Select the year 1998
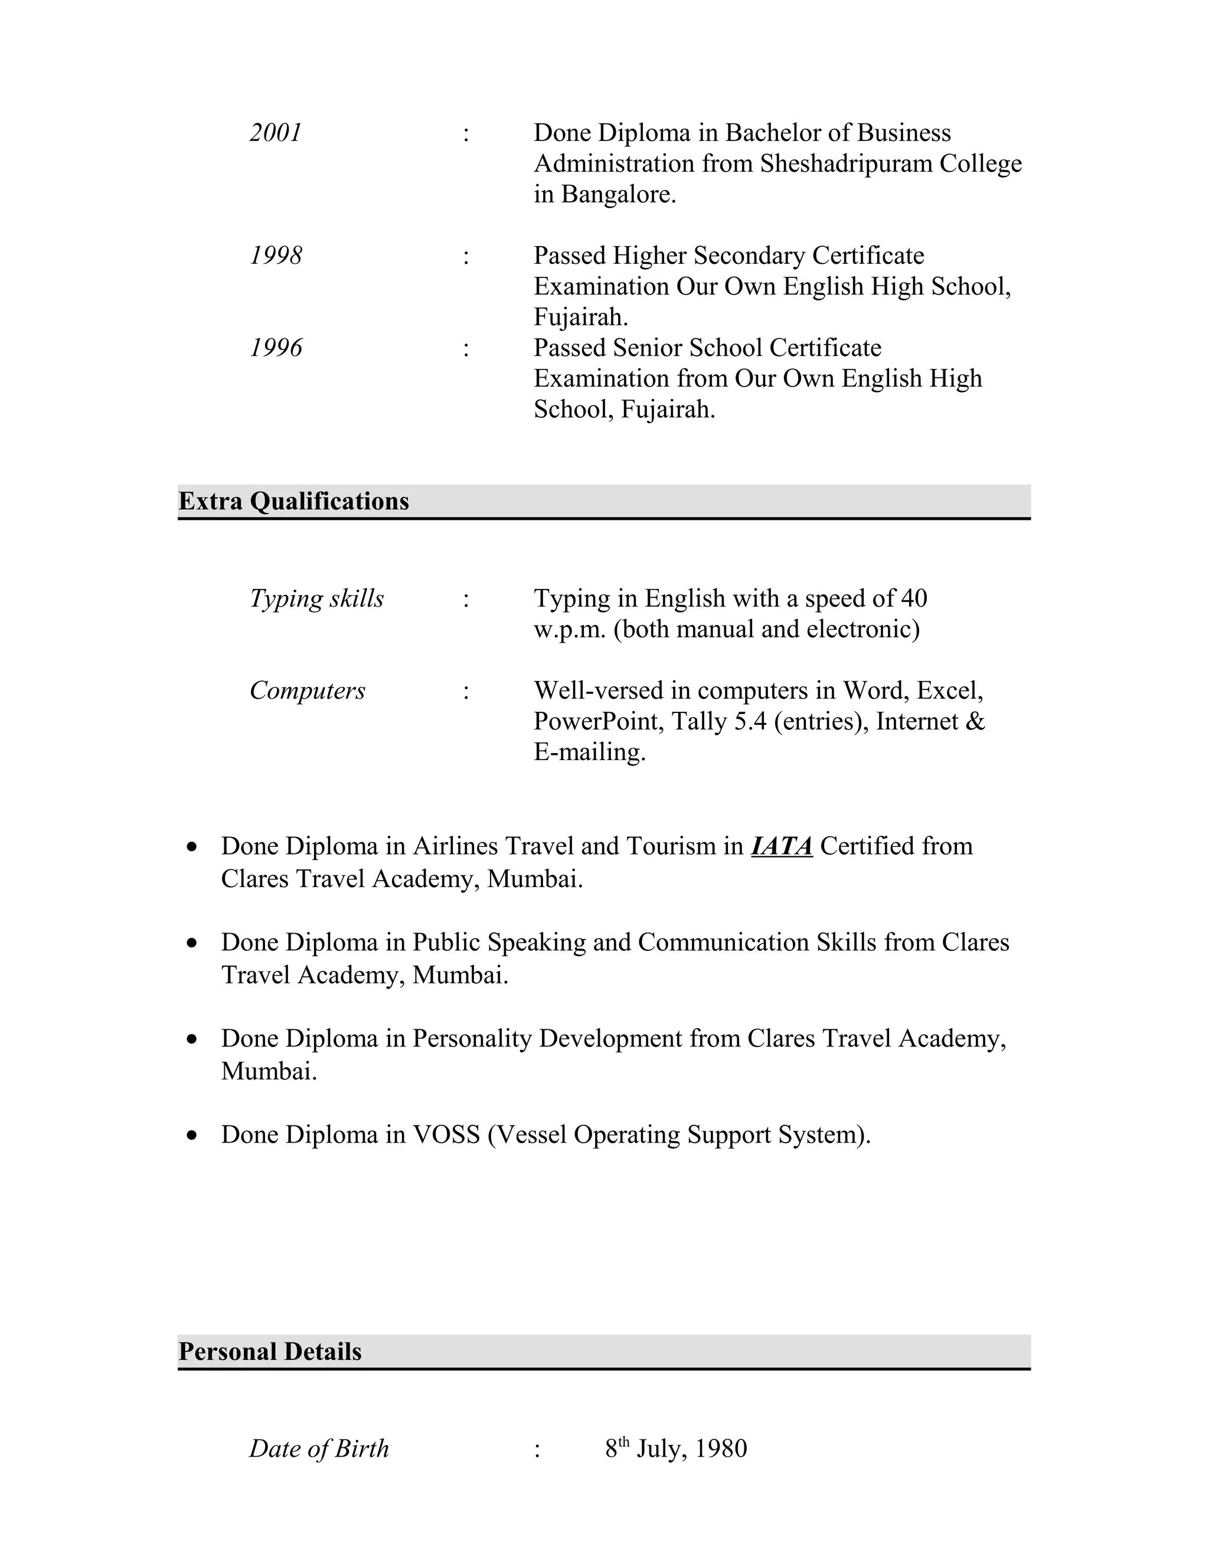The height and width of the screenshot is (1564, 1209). [276, 256]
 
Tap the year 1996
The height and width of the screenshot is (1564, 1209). [276, 348]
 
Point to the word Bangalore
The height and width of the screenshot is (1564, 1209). [618, 195]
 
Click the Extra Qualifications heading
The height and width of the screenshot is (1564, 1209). [293, 501]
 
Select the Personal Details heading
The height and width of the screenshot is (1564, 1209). [270, 1352]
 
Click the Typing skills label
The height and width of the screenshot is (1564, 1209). [316, 598]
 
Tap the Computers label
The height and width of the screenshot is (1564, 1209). [307, 691]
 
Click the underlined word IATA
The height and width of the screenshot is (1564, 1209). [782, 846]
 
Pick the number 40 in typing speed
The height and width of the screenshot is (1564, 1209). [914, 598]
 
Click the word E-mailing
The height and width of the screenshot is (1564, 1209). [590, 752]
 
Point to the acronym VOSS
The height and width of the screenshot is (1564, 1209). [446, 1135]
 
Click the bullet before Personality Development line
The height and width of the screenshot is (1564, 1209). [191, 1039]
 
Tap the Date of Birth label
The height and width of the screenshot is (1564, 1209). [319, 1449]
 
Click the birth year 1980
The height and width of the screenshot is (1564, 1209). [721, 1449]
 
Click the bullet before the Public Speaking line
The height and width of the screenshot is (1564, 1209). [191, 943]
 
